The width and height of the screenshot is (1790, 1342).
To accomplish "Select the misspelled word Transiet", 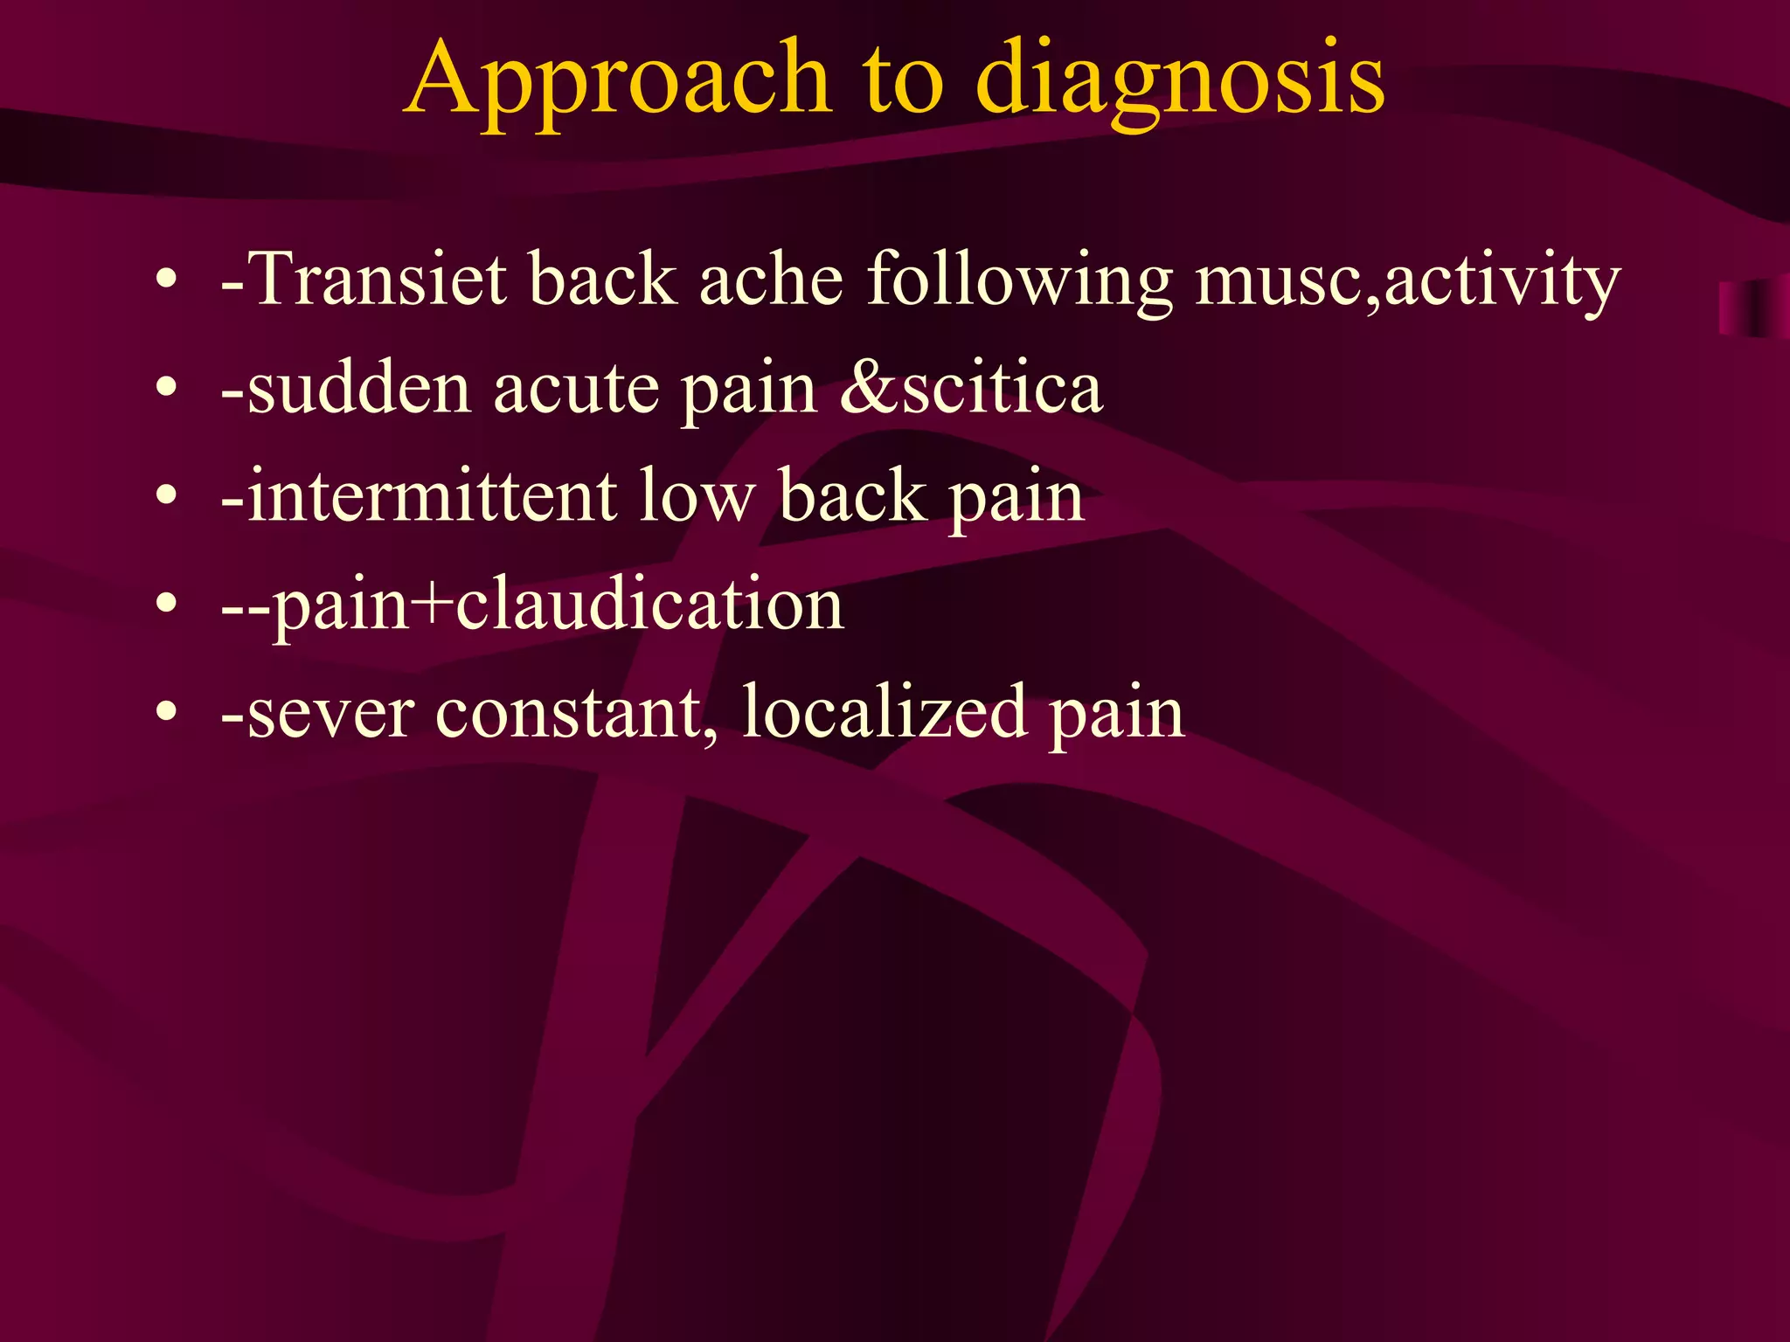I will [x=376, y=280].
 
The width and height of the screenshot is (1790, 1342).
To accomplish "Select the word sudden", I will [x=359, y=389].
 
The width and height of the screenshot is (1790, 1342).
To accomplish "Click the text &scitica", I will [x=971, y=389].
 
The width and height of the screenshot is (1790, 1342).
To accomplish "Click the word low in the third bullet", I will [x=696, y=496].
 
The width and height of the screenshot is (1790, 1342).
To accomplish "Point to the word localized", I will [x=884, y=713].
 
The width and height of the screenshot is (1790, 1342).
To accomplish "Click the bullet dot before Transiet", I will [x=166, y=281].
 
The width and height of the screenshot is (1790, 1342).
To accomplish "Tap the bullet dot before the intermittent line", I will [x=166, y=497].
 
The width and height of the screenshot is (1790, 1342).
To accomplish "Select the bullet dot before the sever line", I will [x=166, y=713].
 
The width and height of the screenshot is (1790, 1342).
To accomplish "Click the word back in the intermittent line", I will [x=852, y=496].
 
